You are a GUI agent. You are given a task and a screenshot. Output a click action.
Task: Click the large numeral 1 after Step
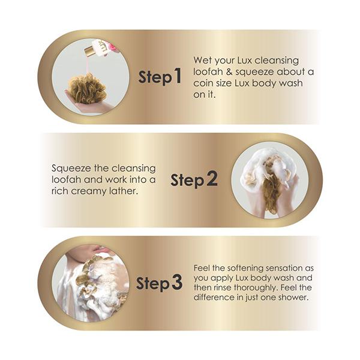pos(177,76)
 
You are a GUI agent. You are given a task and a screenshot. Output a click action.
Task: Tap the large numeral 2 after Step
pos(212,179)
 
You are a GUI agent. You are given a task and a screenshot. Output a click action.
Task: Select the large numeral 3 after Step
pos(177,282)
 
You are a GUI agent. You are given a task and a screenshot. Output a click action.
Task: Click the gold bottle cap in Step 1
pos(89,51)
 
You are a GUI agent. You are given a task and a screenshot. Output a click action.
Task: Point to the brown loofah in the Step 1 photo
pos(87,88)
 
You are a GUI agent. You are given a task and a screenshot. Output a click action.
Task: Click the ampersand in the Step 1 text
pos(229,72)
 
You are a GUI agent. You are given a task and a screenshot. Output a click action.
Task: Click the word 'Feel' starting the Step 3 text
pos(202,268)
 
